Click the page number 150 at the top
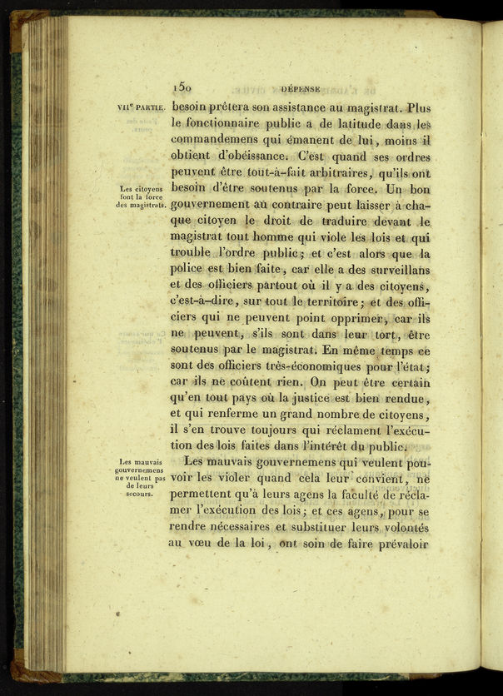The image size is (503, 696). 182,86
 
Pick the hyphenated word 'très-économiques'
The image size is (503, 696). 321,367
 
